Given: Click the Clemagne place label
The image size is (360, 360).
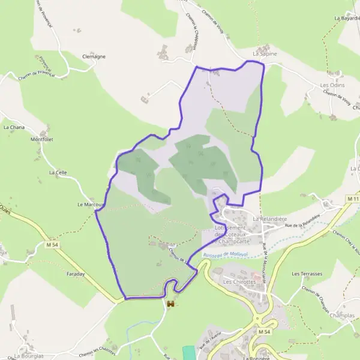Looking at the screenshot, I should click(94, 56).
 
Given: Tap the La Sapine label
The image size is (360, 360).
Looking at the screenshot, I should click(265, 54).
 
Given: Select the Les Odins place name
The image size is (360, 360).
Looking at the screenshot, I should click(329, 85).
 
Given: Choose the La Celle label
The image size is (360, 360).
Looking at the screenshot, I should click(58, 172).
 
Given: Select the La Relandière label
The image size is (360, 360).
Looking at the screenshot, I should click(268, 219).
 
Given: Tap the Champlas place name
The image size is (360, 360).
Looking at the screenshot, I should click(342, 315).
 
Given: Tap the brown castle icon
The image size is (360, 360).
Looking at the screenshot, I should click(171, 305).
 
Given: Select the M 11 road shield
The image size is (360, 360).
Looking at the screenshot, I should click(353, 198).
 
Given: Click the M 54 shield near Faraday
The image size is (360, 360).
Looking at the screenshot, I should click(53, 245).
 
